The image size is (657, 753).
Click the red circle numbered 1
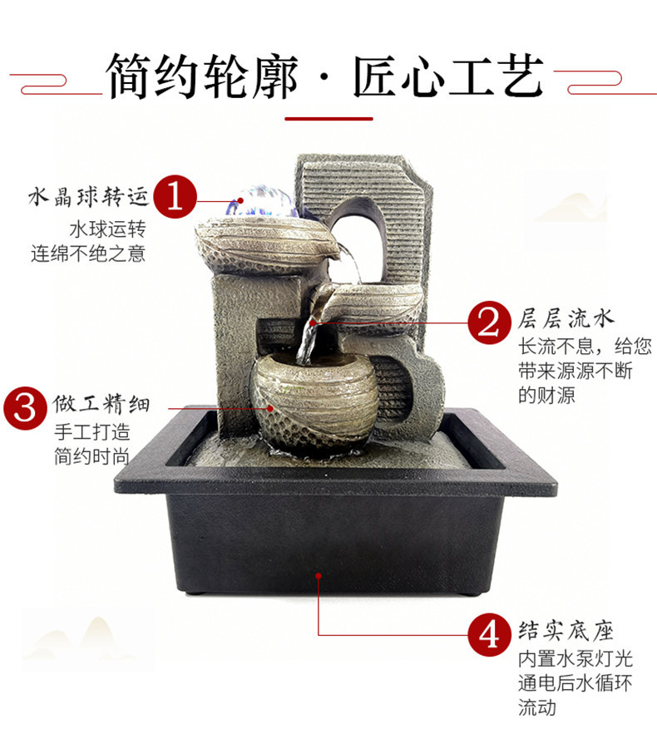[x=175, y=196]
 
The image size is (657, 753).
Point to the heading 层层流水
[x=566, y=319]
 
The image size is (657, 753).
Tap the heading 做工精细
[x=102, y=406]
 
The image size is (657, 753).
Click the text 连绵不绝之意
[x=88, y=253]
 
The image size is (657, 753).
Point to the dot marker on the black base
[x=319, y=573]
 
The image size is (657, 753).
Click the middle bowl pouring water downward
[x=374, y=303]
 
